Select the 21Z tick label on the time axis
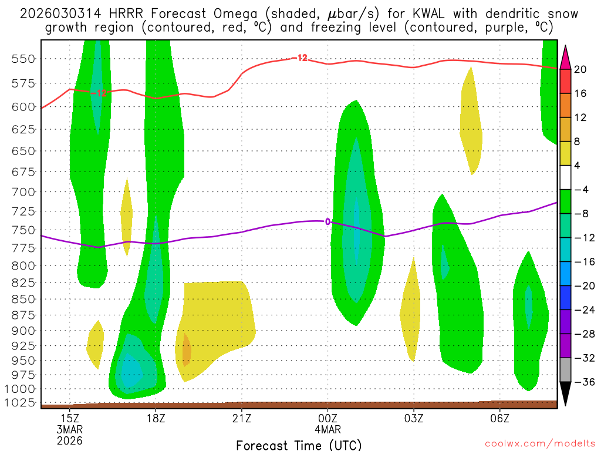point(241,418)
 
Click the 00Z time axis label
point(327,418)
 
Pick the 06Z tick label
point(499,418)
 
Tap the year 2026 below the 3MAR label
point(70,440)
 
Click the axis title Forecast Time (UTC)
point(299,445)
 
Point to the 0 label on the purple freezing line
point(327,221)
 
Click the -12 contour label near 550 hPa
point(299,58)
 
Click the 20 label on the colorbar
point(580,69)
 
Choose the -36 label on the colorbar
point(582,382)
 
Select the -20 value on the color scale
point(582,286)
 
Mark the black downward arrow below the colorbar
point(566,394)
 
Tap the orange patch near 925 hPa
point(187,349)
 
